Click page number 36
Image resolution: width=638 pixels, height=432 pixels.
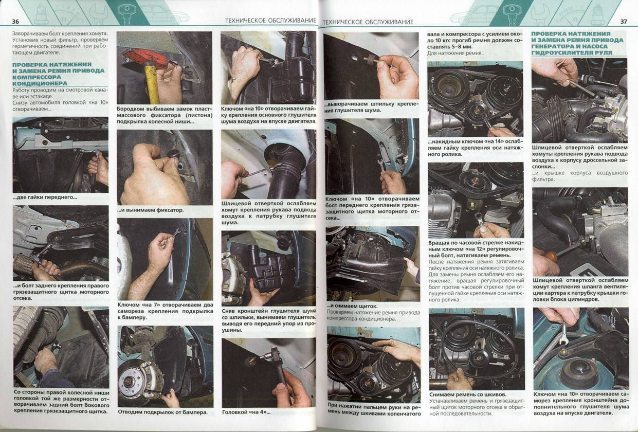click(x=15, y=22)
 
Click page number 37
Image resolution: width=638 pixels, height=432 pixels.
click(x=624, y=22)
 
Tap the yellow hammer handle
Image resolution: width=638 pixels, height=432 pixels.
click(x=152, y=83)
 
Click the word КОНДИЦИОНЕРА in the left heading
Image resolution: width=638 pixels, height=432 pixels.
click(x=40, y=83)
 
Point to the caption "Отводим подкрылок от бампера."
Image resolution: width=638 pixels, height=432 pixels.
click(x=162, y=412)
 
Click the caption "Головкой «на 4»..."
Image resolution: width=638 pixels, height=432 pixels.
click(x=246, y=412)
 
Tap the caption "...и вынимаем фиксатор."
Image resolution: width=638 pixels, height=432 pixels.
click(x=151, y=210)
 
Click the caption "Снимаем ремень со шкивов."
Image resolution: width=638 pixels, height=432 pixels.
click(x=468, y=394)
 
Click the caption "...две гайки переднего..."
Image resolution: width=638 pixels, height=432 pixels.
click(x=45, y=197)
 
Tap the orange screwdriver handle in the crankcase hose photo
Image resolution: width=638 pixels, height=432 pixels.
click(x=551, y=257)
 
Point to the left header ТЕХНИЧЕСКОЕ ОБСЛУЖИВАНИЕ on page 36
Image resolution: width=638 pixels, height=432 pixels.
click(x=270, y=21)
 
